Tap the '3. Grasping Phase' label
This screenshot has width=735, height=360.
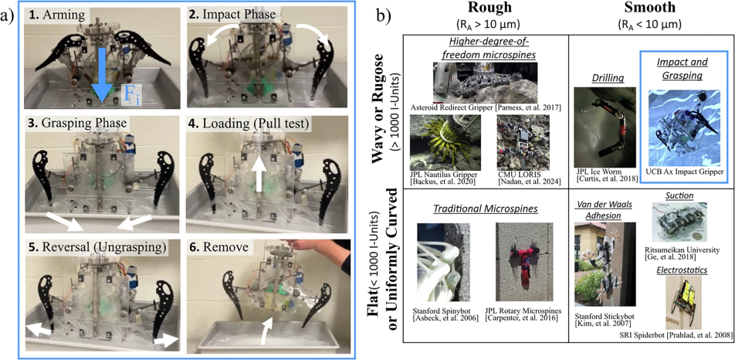[x=75, y=124]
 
